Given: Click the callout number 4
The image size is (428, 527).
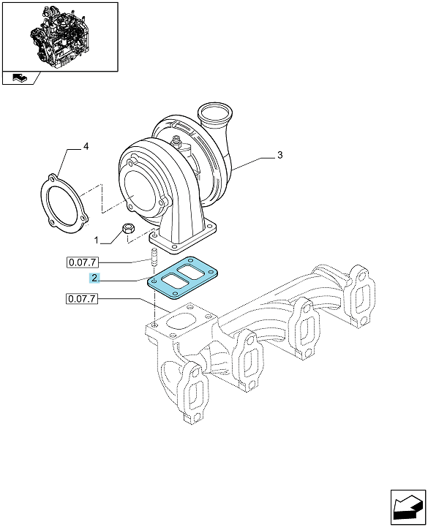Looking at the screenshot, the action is coord(86,146).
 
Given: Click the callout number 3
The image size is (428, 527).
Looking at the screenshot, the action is coord(280,155).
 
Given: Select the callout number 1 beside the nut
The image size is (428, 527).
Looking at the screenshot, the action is coord(97,240).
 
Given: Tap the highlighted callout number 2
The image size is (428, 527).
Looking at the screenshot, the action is coord(94,278).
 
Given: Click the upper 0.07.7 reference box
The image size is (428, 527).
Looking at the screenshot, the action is coord(82,262).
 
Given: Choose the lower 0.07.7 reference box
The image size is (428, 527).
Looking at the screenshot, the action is coord(82,298).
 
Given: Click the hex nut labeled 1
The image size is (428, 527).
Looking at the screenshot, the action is coord(128,229).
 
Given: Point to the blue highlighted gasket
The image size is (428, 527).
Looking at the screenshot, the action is coord(183,278).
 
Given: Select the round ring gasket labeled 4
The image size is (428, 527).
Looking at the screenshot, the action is coord(64,205).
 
